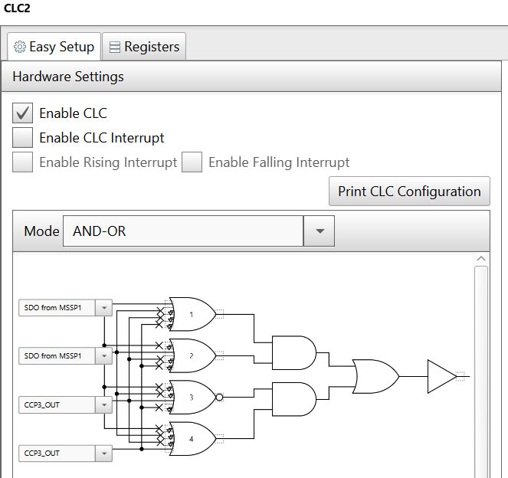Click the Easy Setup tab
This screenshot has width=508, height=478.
click(54, 47)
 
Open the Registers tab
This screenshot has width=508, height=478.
click(144, 47)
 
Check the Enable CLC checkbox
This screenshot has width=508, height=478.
click(22, 113)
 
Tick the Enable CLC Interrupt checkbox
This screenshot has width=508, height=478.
click(22, 138)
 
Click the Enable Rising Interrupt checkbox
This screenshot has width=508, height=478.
click(22, 162)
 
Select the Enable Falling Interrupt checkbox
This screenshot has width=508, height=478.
click(192, 162)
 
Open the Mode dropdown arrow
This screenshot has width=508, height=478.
click(319, 231)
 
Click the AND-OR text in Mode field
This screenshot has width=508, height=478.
click(99, 231)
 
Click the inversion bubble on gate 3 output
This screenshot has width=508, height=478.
click(219, 397)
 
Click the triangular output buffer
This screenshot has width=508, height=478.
click(441, 376)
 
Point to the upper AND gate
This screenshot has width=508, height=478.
click(294, 352)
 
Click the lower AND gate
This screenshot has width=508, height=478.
click(294, 399)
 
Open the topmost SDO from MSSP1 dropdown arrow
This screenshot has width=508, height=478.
click(104, 308)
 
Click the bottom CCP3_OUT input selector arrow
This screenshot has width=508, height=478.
click(104, 453)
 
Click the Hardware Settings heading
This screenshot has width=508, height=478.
click(68, 77)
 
